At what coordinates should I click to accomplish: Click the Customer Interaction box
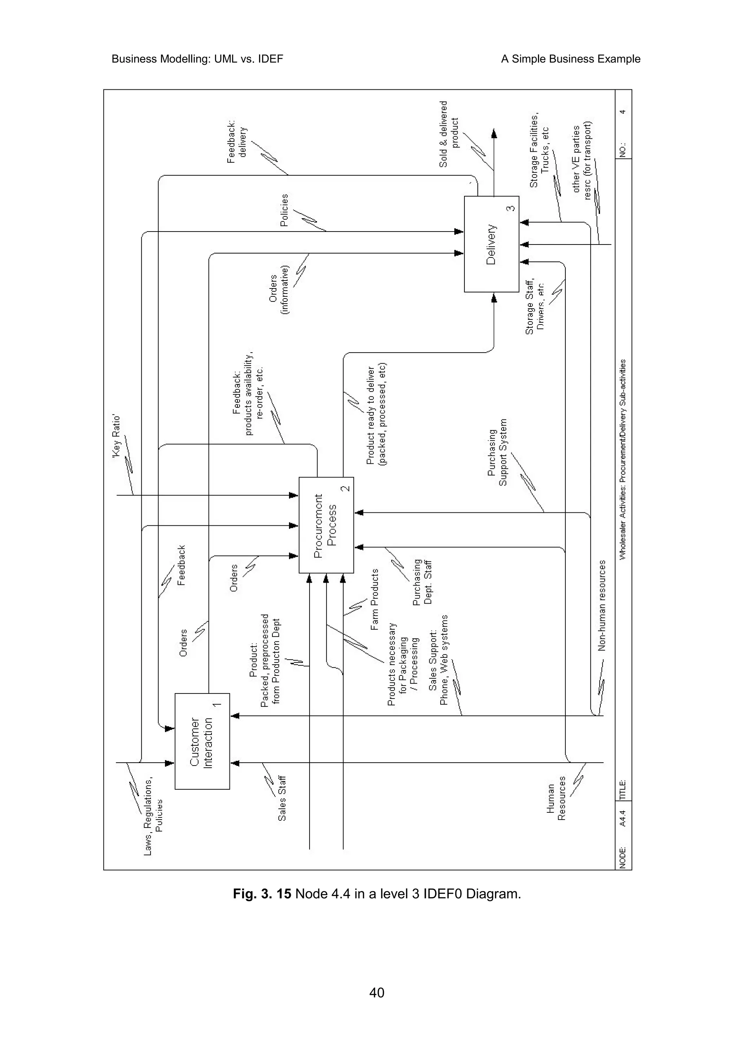point(202,741)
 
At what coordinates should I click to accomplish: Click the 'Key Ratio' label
point(117,436)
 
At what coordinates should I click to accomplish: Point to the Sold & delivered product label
point(449,134)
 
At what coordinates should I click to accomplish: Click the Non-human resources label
point(602,605)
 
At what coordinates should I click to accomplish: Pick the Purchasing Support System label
point(497,453)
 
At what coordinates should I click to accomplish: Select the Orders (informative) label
point(279,290)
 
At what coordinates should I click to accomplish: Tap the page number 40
point(377,992)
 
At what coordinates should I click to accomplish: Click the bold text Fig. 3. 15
point(262,894)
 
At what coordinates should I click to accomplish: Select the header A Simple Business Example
point(570,59)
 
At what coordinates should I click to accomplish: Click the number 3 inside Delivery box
point(511,208)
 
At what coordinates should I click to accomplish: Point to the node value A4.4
point(623,818)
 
